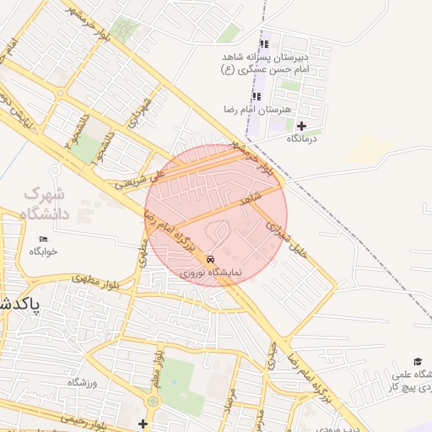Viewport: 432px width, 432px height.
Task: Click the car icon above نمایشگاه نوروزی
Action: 210,260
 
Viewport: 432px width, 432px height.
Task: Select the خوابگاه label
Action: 43,251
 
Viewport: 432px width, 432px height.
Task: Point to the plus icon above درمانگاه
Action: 301,126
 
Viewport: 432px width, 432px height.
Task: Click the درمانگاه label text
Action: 300,138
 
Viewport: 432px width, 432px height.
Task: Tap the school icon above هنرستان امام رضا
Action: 256,96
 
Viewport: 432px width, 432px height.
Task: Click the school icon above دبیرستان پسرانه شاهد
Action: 263,44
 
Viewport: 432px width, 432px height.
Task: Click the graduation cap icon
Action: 418,361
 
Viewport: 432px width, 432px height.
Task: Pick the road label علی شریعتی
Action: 136,179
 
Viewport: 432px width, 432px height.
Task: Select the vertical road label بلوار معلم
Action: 155,370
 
